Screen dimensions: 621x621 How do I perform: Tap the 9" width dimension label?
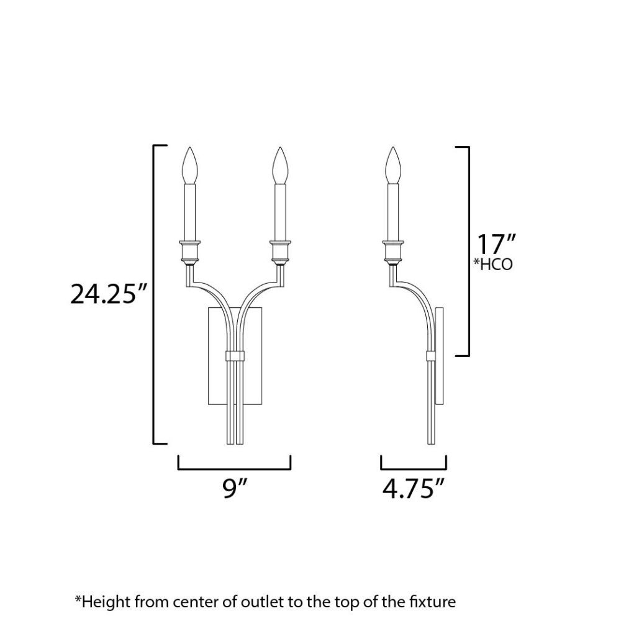tap(235, 489)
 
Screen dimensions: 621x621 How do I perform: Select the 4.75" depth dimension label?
tap(414, 489)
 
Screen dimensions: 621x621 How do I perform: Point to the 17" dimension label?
tap(496, 244)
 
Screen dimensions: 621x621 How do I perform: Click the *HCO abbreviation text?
tap(493, 264)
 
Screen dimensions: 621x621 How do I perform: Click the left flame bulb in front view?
tap(189, 166)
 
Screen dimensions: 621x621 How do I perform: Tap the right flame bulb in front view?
tap(281, 166)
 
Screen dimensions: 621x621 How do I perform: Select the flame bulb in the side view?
tap(393, 166)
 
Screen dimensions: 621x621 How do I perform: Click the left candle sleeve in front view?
tap(189, 212)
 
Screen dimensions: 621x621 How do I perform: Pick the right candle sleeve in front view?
tap(281, 212)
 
